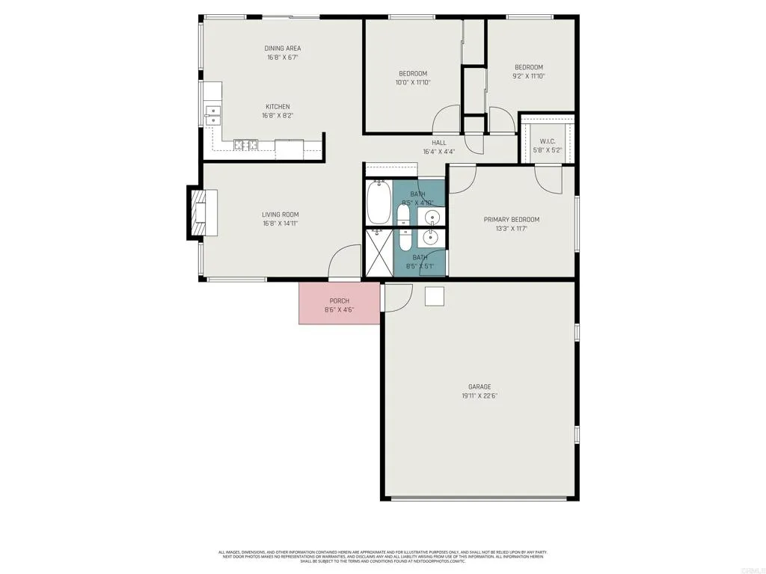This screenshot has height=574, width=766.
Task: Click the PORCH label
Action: [339, 300]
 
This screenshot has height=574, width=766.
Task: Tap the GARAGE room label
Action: [479, 386]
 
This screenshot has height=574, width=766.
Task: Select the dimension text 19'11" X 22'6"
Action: [479, 396]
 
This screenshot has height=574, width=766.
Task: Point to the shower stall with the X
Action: [379, 253]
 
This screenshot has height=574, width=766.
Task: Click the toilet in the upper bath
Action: [403, 216]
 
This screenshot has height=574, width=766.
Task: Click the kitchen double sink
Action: [213, 115]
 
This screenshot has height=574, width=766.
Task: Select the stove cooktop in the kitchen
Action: [245, 144]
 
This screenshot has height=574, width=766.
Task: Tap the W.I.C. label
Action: [547, 141]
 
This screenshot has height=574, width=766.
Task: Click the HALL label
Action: [439, 143]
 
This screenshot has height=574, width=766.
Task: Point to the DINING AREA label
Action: [283, 49]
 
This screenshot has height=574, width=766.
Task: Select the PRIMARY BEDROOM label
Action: [511, 220]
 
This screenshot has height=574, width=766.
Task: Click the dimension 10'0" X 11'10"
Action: [413, 83]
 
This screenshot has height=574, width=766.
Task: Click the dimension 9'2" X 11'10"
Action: [528, 76]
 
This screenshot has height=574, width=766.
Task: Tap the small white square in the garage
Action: [435, 296]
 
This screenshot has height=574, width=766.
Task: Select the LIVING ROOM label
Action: [281, 215]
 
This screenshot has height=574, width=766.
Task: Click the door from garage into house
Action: [396, 297]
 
